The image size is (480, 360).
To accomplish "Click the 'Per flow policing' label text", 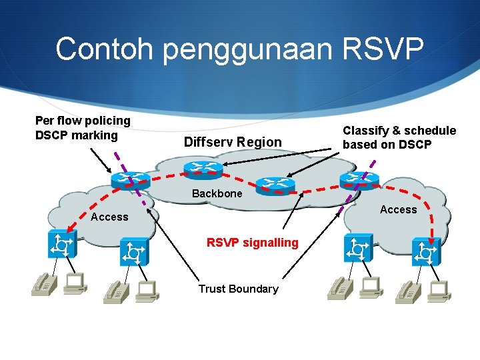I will [x=83, y=121].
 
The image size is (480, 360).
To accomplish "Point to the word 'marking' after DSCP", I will [x=96, y=135].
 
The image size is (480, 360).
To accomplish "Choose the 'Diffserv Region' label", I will [x=233, y=142].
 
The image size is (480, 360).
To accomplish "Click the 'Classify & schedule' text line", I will [x=399, y=131].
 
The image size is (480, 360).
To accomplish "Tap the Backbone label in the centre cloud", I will [x=217, y=193].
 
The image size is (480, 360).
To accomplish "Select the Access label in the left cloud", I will [x=109, y=217].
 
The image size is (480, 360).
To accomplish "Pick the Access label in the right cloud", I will [x=398, y=209].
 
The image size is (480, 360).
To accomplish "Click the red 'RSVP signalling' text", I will [x=253, y=242].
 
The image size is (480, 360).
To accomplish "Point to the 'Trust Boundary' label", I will [x=238, y=289].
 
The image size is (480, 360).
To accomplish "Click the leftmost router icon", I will [x=131, y=178].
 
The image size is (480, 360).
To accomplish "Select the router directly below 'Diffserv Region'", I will [x=204, y=169].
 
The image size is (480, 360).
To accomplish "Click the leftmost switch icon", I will [x=63, y=244].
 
